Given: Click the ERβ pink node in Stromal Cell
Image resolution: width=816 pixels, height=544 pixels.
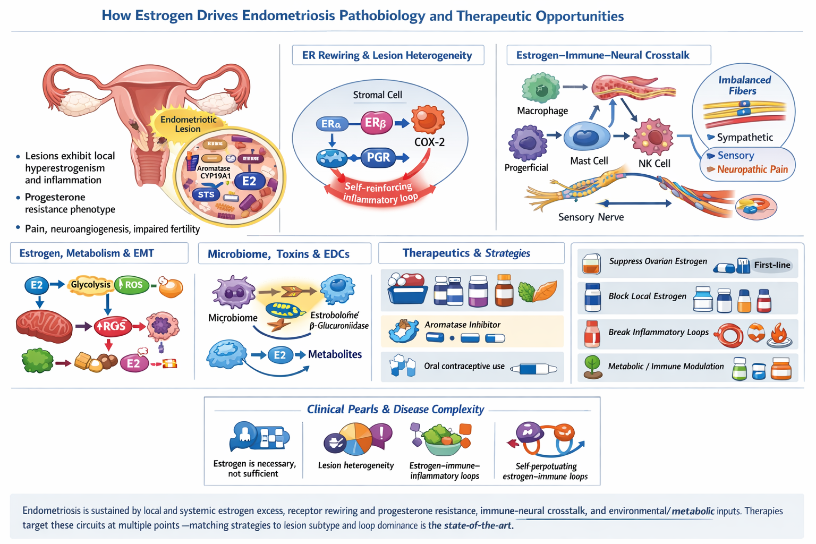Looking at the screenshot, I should (376, 123).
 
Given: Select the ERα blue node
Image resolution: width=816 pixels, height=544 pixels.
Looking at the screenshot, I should (331, 124).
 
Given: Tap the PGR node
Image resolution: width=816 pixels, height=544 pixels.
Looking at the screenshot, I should (378, 157).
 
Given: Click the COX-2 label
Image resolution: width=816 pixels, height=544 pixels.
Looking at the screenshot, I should (429, 142).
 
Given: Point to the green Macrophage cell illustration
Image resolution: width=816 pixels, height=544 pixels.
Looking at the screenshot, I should (541, 88).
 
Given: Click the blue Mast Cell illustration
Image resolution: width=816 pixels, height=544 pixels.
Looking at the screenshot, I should (586, 137).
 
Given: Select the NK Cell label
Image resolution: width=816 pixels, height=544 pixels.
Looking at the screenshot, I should (654, 164).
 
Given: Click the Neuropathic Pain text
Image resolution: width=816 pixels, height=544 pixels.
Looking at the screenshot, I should (752, 169).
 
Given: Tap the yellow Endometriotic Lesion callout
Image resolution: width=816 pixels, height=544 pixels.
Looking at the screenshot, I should (188, 124).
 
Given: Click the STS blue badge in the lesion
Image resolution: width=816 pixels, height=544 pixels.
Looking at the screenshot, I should (206, 194).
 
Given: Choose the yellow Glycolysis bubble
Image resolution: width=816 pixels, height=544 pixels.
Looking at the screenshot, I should (90, 285).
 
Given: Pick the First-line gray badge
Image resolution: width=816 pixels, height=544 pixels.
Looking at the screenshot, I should (772, 265).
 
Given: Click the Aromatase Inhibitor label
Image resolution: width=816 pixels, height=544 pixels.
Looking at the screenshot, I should (462, 325).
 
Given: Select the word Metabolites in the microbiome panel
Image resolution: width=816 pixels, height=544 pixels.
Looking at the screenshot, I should (335, 354).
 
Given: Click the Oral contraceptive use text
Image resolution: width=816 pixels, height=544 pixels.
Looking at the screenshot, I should (464, 366).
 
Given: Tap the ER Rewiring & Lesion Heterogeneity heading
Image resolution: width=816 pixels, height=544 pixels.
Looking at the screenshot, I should (387, 55).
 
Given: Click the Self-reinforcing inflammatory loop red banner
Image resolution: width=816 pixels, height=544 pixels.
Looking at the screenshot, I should (380, 192).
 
